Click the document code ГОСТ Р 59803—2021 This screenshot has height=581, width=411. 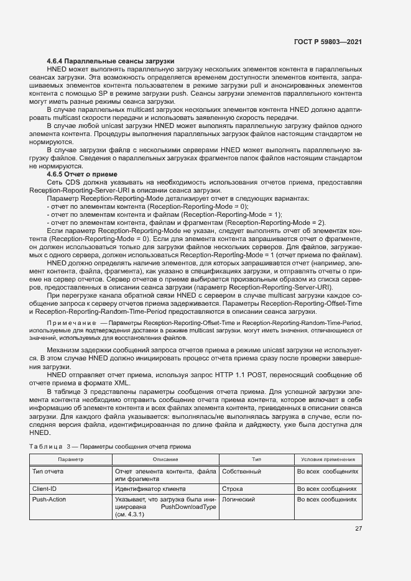pos(328,42)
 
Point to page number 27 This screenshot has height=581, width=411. pos(358,529)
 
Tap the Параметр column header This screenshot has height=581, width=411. pos(70,459)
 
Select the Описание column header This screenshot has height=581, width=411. pos(165,459)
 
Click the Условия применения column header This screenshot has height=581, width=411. pos(328,459)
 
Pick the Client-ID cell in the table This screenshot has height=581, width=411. pos(44,489)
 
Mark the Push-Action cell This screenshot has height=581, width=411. pos(49,499)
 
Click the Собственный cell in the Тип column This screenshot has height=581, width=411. pos(241,472)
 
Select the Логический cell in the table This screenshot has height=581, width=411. pos(239,499)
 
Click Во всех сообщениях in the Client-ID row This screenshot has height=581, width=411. pos(328,489)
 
